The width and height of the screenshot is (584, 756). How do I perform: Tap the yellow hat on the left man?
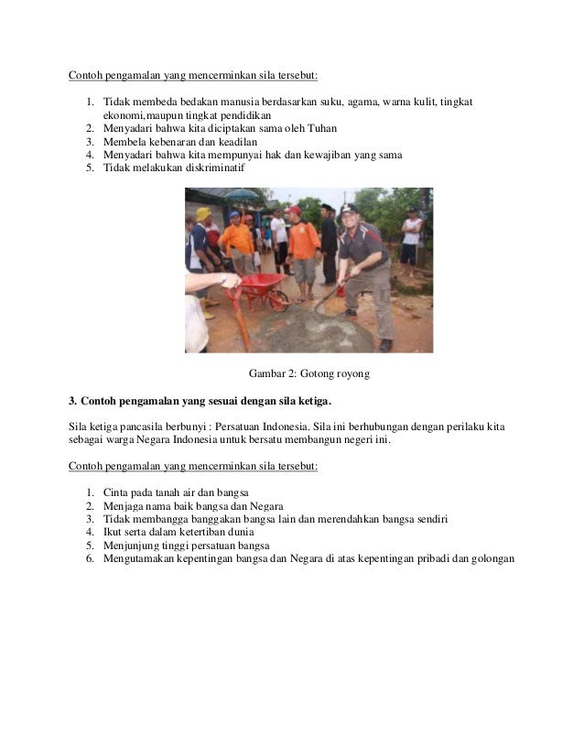pyautogui.click(x=202, y=214)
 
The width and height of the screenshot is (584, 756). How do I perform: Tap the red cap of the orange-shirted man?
pyautogui.click(x=295, y=211)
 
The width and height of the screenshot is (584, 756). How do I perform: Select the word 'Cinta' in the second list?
pyautogui.click(x=116, y=493)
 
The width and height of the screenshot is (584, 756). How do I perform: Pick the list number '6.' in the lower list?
pyautogui.click(x=90, y=559)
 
